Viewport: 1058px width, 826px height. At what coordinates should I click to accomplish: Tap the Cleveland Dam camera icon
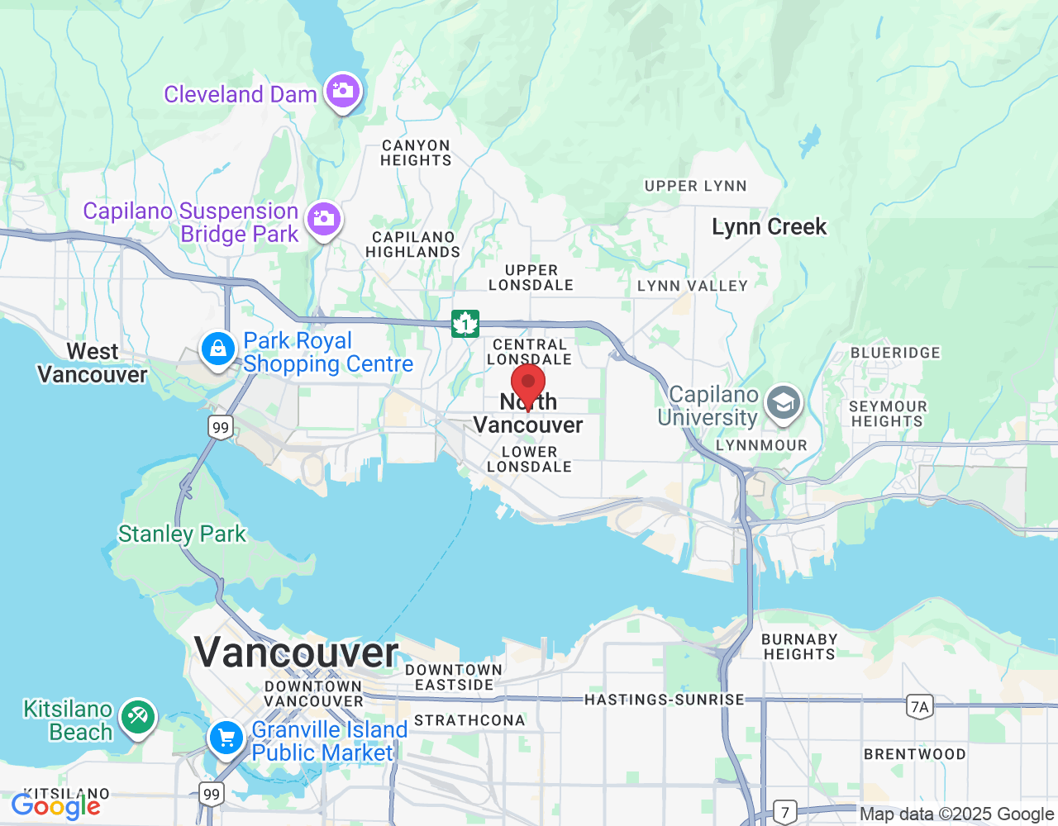tap(342, 90)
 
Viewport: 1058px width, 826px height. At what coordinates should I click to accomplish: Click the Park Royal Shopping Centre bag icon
tap(218, 349)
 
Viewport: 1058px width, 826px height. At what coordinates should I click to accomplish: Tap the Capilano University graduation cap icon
tap(782, 404)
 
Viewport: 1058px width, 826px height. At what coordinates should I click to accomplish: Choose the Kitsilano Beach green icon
tap(138, 717)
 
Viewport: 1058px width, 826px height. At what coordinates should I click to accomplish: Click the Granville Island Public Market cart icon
tap(226, 738)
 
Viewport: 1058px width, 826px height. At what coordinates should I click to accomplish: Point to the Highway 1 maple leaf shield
tap(465, 324)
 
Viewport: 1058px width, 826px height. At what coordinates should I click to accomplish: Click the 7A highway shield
tap(919, 706)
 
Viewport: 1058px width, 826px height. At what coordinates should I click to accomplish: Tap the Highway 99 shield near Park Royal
tap(220, 427)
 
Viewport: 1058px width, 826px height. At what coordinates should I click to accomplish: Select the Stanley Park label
tap(182, 534)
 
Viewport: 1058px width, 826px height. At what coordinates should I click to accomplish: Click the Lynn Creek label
tap(769, 227)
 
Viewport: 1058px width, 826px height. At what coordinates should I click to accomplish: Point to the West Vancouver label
tap(93, 363)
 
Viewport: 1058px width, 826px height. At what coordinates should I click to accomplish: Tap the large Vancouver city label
tap(297, 653)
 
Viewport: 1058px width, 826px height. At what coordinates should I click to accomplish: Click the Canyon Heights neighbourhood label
tap(416, 153)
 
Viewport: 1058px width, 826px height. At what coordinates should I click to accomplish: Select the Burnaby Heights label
tap(798, 647)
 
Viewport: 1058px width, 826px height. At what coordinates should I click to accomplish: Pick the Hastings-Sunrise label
tap(665, 700)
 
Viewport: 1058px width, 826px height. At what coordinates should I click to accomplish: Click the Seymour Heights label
tap(888, 414)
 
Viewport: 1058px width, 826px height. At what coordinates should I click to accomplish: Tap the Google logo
tap(55, 806)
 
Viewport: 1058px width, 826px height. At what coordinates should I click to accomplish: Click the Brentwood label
tap(914, 754)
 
